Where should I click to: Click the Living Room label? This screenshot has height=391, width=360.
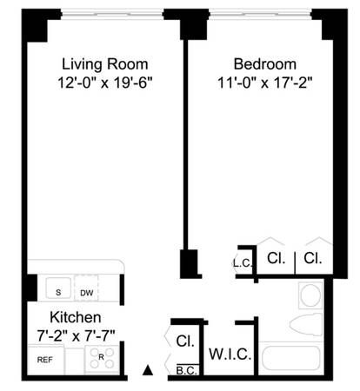pyautogui.click(x=104, y=64)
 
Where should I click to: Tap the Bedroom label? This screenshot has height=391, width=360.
pyautogui.click(x=264, y=64)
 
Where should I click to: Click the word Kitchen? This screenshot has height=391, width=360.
pyautogui.click(x=75, y=318)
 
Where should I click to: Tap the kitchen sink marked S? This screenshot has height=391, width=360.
pyautogui.click(x=57, y=291)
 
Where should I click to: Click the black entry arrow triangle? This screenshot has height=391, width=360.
pyautogui.click(x=148, y=372)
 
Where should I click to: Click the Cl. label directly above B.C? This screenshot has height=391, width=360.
pyautogui.click(x=184, y=341)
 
